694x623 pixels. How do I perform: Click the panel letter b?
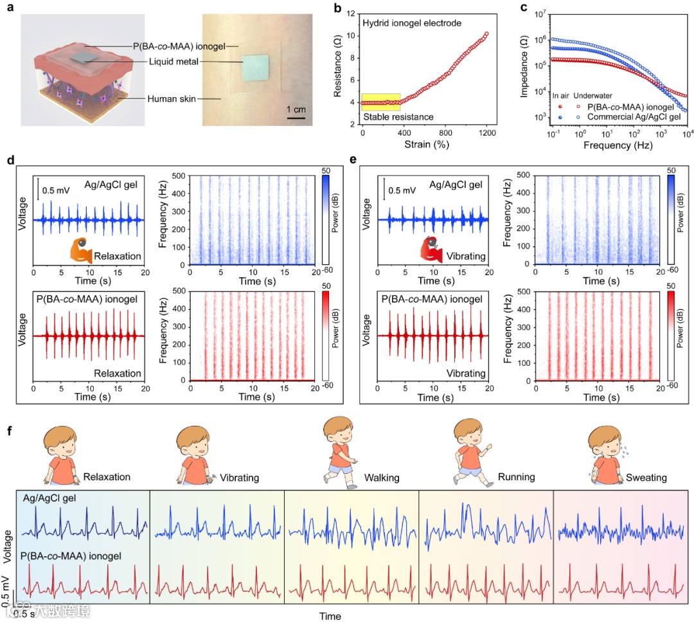click(x=337, y=9)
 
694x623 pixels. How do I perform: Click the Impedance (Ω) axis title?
click(x=524, y=67)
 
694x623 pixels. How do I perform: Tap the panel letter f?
click(x=9, y=428)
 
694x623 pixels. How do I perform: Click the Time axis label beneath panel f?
click(x=330, y=617)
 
